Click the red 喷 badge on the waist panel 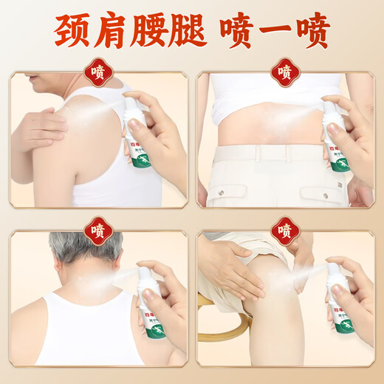click(285, 72)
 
